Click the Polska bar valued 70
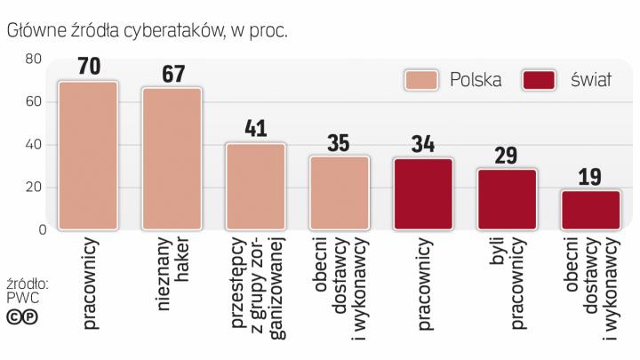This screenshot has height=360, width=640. pyautogui.click(x=87, y=156)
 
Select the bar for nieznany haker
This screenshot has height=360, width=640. pyautogui.click(x=172, y=159)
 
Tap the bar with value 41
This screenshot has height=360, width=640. pyautogui.click(x=255, y=187)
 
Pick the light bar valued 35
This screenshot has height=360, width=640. pyautogui.click(x=339, y=193)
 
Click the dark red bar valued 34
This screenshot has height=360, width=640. pyautogui.click(x=422, y=194)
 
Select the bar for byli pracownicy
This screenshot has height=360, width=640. pyautogui.click(x=507, y=199)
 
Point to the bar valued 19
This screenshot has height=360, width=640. pyautogui.click(x=590, y=210)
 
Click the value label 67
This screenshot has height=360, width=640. pyautogui.click(x=172, y=74)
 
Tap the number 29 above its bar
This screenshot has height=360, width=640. pyautogui.click(x=507, y=156)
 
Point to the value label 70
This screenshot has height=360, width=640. pyautogui.click(x=87, y=67)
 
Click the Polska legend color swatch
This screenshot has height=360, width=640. pyautogui.click(x=426, y=79)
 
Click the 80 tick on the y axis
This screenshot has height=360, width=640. pyautogui.click(x=34, y=60)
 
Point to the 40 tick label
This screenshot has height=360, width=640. pyautogui.click(x=34, y=145)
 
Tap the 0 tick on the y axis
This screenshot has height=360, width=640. pyautogui.click(x=39, y=230)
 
